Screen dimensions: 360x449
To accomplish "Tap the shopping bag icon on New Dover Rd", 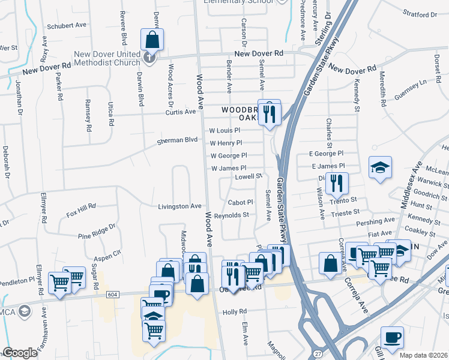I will tap(152, 41).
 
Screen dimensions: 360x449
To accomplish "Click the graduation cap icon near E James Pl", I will tap(381, 168).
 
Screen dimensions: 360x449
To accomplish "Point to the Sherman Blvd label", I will tap(177, 140).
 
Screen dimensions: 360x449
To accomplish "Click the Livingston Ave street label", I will tap(179, 206).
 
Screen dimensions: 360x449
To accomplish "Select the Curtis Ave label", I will tap(181, 112).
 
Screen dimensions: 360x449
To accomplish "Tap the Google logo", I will tap(20, 353).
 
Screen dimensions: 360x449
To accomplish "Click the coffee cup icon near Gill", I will tap(392, 338).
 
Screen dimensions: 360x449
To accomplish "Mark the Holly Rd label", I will tap(235, 312).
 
